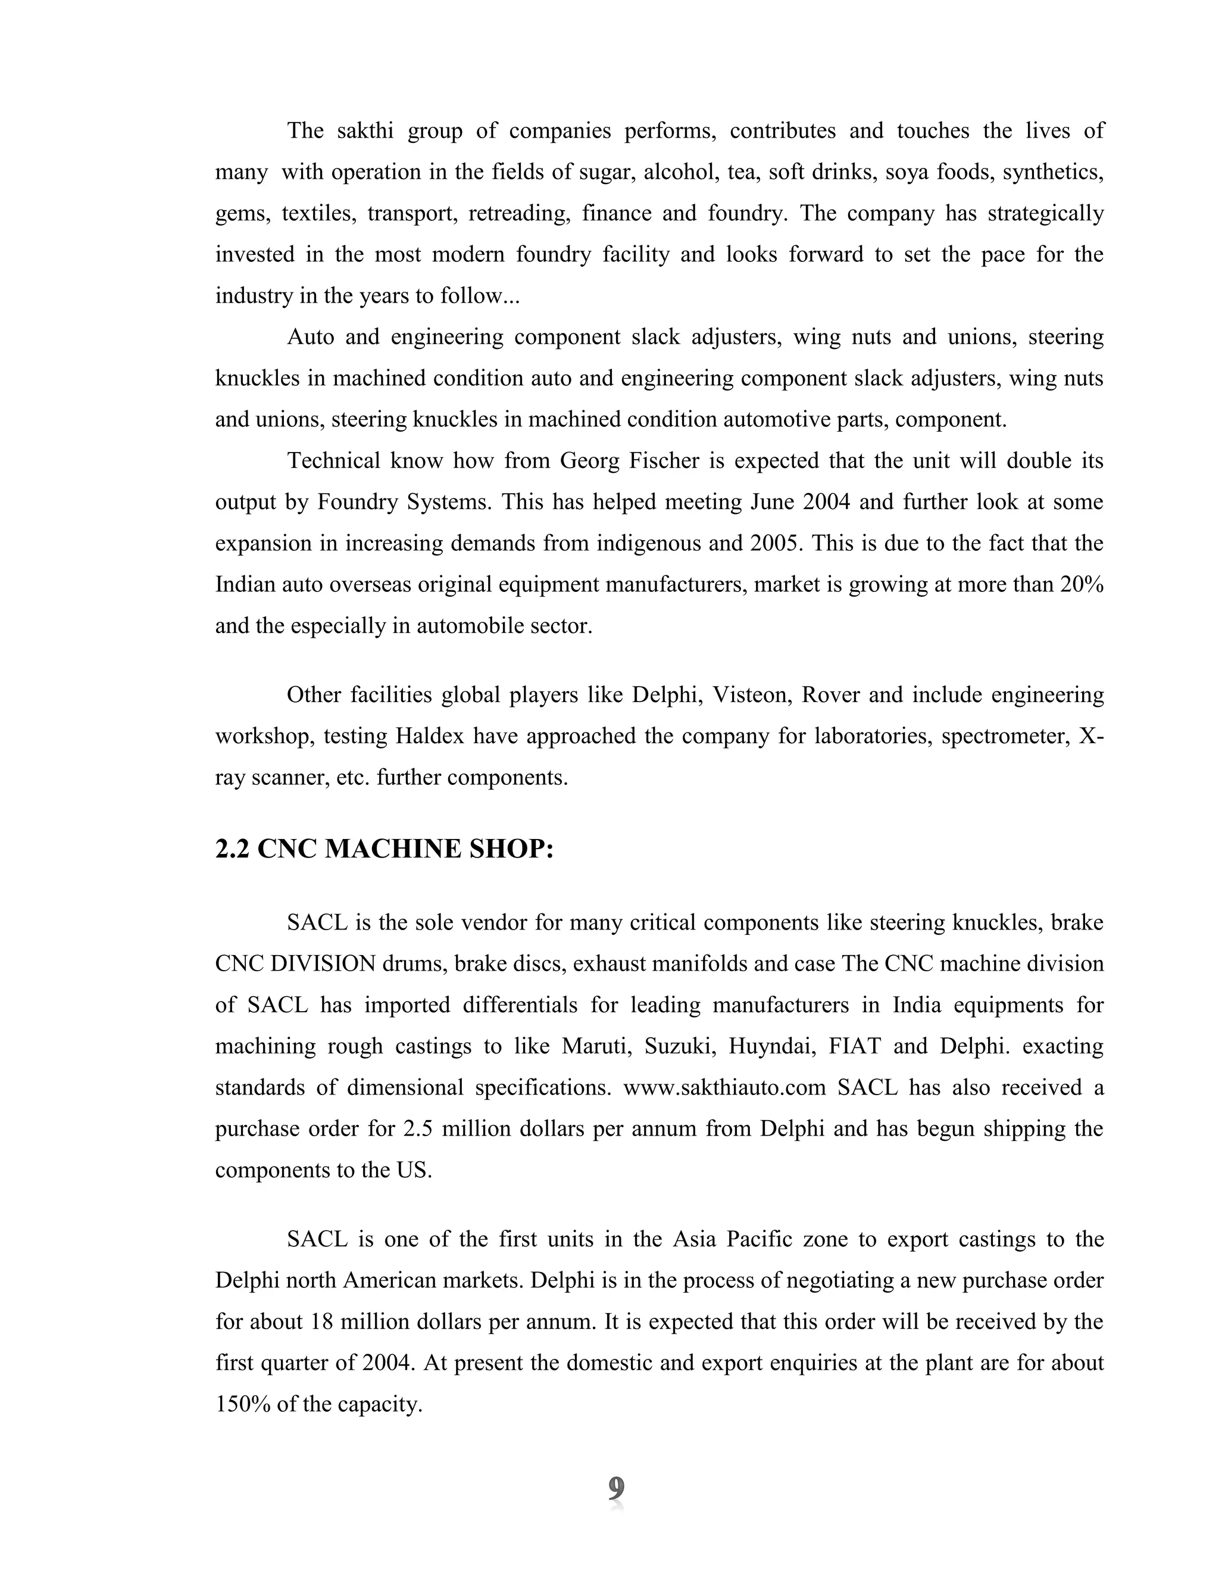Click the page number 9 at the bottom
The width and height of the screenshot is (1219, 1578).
point(615,1489)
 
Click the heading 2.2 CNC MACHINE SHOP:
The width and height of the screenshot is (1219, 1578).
point(384,848)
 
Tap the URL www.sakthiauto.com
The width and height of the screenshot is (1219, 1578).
point(724,1087)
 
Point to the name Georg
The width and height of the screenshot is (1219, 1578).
point(585,460)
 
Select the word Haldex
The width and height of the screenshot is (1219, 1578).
point(430,735)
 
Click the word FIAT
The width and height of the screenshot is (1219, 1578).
point(854,1046)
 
